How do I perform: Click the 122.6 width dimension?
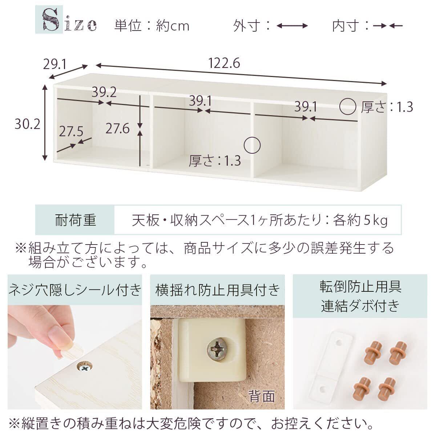tap(224, 63)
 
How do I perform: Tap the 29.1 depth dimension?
tap(54, 65)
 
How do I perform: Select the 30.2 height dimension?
tap(27, 124)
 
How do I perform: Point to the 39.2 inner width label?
tap(104, 92)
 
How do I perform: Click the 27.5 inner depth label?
tap(71, 132)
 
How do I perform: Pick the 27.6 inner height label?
tap(117, 129)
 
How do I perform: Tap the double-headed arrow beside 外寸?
tap(292, 26)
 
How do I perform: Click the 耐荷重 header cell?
tap(75, 220)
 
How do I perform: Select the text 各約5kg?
tap(360, 220)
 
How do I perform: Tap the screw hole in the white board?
tap(84, 366)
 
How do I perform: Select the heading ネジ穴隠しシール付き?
tap(75, 290)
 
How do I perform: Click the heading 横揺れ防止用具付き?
tap(217, 290)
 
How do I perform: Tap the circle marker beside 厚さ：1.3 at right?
tap(348, 106)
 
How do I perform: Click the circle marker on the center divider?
tap(252, 145)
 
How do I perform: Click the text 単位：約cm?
tap(152, 25)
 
